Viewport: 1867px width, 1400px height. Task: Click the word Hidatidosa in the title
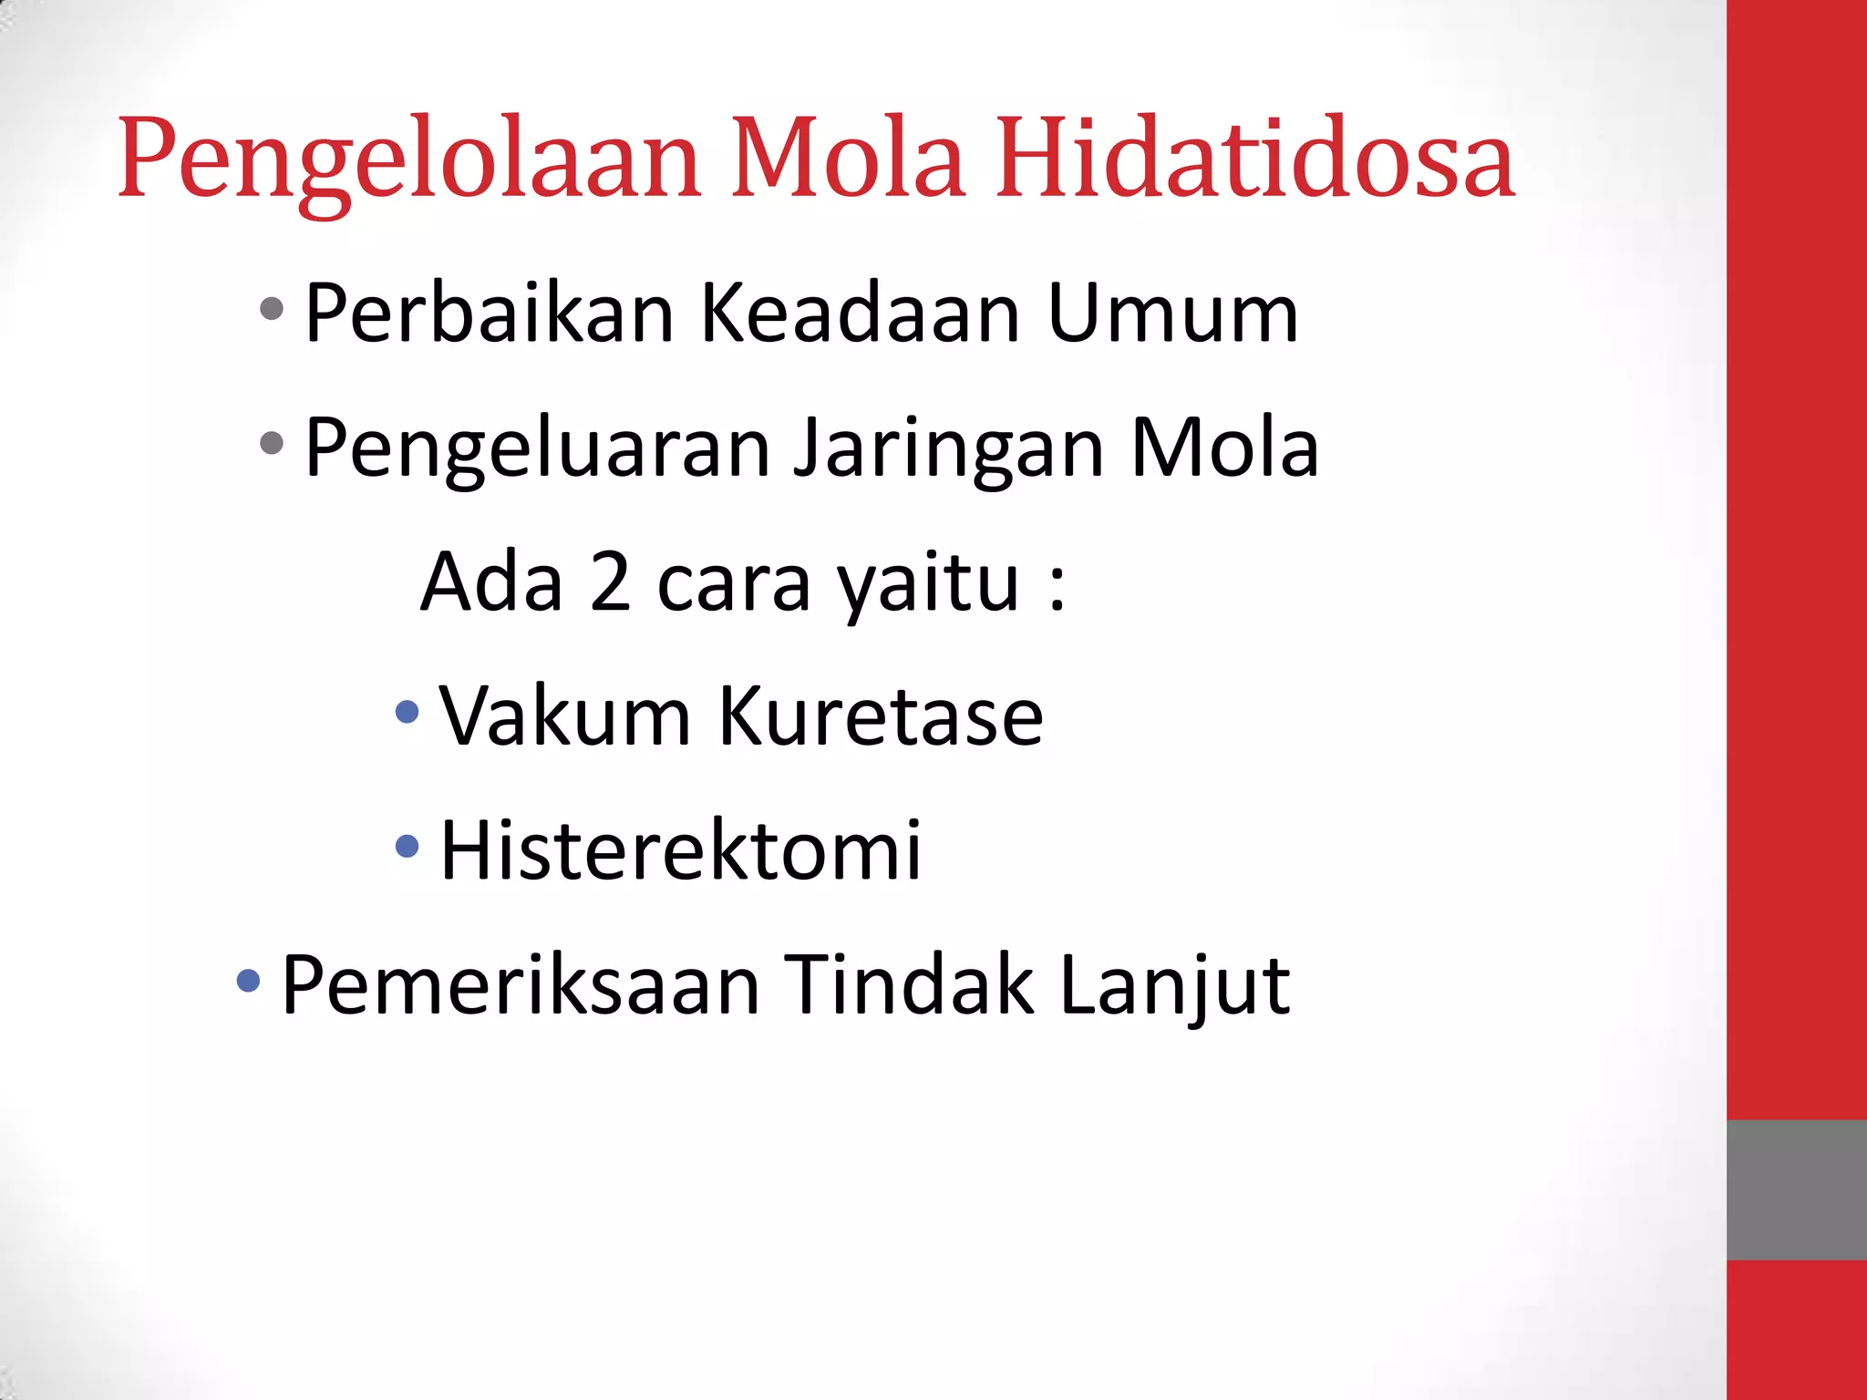(1254, 159)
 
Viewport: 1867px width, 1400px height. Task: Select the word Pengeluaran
(538, 448)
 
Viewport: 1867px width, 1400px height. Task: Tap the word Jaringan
(949, 448)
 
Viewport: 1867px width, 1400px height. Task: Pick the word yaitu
(928, 583)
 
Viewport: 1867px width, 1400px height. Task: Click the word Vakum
(565, 716)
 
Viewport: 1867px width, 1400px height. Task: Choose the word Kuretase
(880, 716)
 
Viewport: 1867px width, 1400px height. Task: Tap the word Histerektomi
(680, 850)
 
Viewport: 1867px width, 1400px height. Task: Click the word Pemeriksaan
(521, 984)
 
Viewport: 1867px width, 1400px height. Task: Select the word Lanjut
(1175, 986)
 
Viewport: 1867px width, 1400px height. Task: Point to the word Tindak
(909, 984)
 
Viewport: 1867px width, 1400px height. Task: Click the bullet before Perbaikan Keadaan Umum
(272, 309)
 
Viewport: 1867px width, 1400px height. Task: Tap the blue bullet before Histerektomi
(407, 847)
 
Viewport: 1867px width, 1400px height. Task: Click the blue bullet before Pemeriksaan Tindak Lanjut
(248, 982)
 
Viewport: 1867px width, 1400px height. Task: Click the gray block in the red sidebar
(1796, 1189)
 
